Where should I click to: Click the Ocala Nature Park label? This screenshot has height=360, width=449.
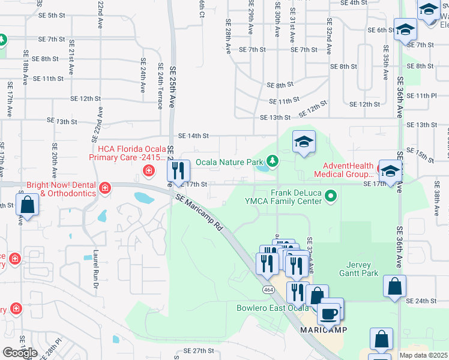coord(229,162)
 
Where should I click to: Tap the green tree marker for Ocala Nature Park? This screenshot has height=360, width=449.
coord(273,161)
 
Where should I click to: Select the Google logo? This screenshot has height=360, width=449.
coord(20,352)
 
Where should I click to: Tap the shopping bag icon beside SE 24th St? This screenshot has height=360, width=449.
coord(395,287)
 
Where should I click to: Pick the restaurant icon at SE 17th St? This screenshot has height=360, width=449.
coord(178,171)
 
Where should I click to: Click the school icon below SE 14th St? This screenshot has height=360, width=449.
coord(304,143)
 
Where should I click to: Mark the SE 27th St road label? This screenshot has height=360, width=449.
coord(199,350)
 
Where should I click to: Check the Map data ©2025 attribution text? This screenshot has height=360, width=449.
coord(423,355)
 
